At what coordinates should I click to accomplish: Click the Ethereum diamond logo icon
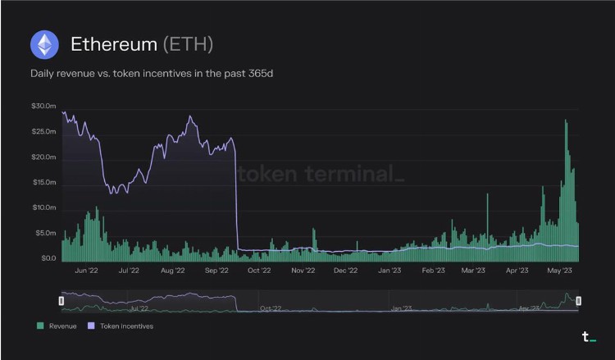[44, 44]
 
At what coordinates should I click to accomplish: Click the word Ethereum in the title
[113, 44]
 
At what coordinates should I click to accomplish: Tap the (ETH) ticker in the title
[188, 44]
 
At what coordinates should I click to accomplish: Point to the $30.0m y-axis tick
[43, 107]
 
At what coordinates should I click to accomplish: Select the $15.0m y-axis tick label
[43, 182]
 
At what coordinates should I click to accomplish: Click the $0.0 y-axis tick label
[47, 258]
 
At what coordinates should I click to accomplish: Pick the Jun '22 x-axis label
[86, 269]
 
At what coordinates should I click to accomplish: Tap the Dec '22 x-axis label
[346, 269]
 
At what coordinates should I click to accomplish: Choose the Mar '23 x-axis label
[473, 269]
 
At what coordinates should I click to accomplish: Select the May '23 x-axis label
[560, 269]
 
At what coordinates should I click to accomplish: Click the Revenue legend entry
[57, 326]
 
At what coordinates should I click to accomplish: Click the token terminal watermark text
[321, 175]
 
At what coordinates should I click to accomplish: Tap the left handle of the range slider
[61, 301]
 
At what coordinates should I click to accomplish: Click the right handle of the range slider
[579, 301]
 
